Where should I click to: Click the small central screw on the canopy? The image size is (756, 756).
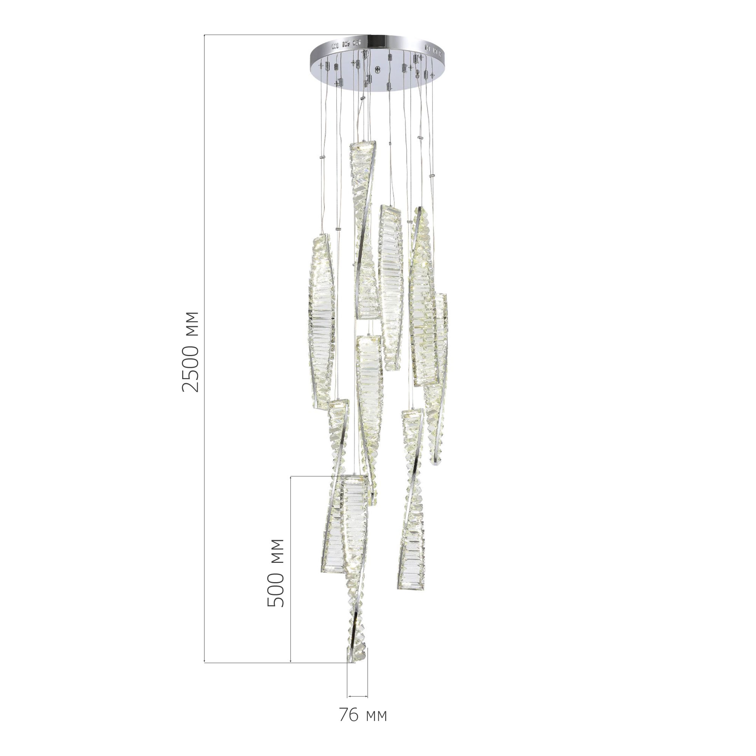coord(378,71)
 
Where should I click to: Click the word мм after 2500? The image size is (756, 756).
coord(191,324)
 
